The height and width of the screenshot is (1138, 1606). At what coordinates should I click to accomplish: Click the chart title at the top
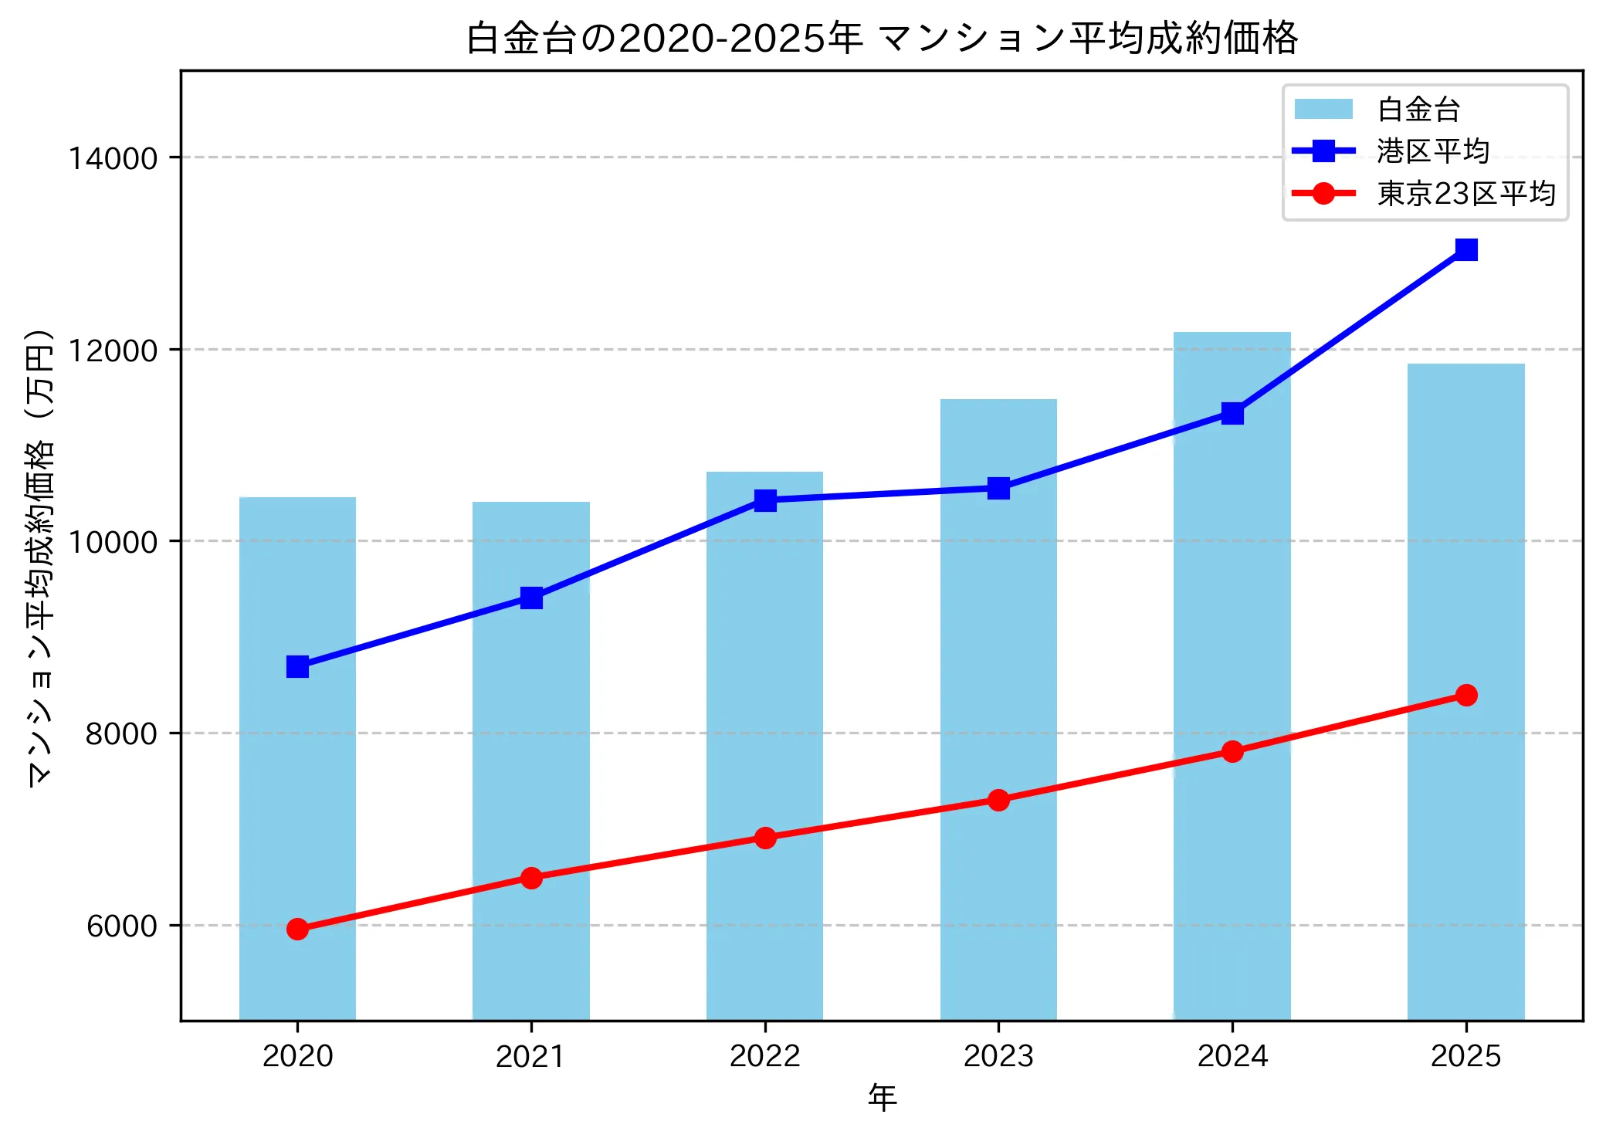[x=881, y=39]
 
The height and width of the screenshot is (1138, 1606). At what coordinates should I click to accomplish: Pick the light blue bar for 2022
[x=764, y=695]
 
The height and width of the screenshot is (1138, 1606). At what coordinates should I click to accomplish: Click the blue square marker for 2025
[x=1465, y=249]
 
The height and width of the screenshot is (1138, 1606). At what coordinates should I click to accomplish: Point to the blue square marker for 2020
[x=297, y=666]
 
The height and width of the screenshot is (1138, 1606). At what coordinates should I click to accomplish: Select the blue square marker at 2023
[x=998, y=488]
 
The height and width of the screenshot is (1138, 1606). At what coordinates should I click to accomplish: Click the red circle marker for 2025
[x=1465, y=695]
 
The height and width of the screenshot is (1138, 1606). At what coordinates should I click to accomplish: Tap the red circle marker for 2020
[x=297, y=929]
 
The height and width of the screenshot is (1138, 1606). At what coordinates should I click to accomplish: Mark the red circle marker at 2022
[x=764, y=838]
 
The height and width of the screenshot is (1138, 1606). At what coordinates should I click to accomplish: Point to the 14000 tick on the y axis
[x=113, y=158]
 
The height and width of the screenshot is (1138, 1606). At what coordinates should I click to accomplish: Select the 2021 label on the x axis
[x=530, y=1056]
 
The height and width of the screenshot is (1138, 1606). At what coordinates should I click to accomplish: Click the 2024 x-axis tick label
[x=1232, y=1056]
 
